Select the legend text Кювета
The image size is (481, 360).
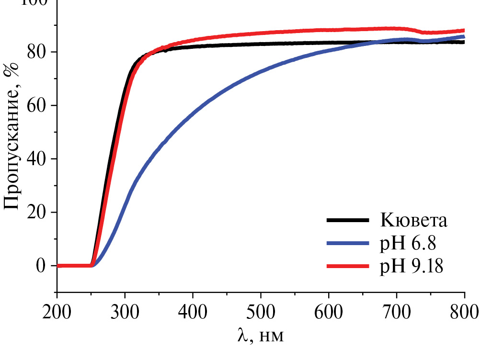(414, 221)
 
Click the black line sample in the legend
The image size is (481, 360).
(348, 221)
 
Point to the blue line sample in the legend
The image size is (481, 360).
(348, 243)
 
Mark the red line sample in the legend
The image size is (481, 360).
(348, 266)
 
